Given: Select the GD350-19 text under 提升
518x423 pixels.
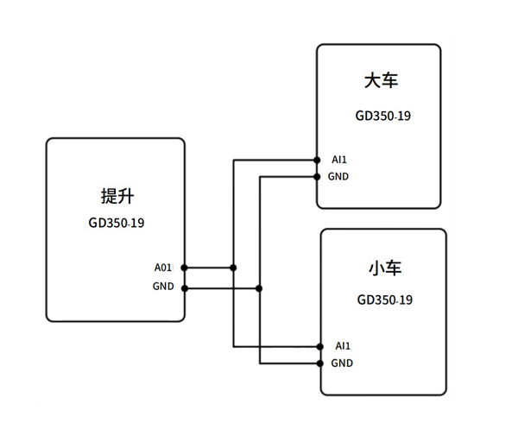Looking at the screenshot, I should [x=116, y=223].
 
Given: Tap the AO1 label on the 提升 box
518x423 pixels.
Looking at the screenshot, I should [x=164, y=268].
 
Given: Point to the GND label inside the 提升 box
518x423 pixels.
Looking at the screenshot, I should [x=163, y=287].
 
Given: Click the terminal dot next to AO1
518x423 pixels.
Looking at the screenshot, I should [x=184, y=268].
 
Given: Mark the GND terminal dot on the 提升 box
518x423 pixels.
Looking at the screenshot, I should [x=184, y=287].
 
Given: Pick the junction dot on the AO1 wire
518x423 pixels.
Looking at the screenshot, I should [x=233, y=268].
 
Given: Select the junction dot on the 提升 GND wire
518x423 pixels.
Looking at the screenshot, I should [x=259, y=287].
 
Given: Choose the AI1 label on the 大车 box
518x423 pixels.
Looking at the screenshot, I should [x=339, y=160].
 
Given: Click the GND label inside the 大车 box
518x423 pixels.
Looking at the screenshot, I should [x=338, y=177].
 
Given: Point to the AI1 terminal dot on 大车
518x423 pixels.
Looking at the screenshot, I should [x=318, y=160].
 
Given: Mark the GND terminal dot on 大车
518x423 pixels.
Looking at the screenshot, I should [x=318, y=177].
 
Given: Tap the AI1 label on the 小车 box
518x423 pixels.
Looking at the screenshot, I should [x=343, y=346].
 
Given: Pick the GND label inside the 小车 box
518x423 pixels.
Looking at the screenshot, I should [x=342, y=363].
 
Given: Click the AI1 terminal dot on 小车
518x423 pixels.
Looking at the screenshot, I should [x=321, y=346].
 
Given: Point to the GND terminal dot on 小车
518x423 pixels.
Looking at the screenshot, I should [x=321, y=363].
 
